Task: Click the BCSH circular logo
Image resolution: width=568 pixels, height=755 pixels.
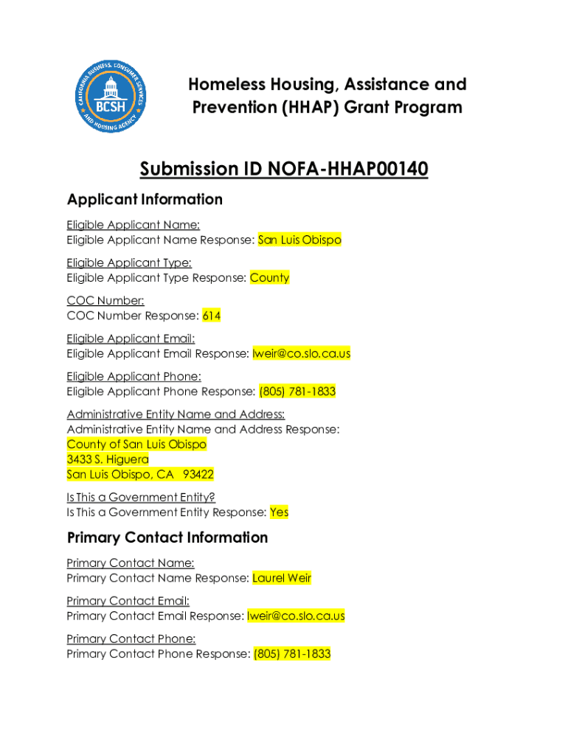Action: [x=111, y=97]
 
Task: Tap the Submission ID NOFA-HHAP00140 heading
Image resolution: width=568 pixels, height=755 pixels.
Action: [x=284, y=170]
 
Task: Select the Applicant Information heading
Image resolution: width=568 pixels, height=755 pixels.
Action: [x=145, y=200]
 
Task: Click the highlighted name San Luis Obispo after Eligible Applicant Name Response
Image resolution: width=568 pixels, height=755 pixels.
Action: [x=299, y=240]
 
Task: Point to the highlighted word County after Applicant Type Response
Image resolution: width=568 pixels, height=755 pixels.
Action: [x=269, y=278]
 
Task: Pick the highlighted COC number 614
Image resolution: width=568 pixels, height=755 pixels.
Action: [x=212, y=316]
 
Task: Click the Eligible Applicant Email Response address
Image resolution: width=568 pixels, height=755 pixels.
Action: [x=301, y=354]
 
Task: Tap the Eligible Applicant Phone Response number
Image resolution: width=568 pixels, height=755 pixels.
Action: [x=297, y=392]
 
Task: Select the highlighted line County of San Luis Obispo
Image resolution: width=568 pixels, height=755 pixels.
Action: [x=136, y=445]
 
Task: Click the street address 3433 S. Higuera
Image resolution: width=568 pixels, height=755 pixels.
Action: [x=108, y=459]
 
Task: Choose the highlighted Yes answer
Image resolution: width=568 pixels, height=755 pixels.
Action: [x=279, y=512]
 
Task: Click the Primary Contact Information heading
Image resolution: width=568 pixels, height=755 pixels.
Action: [x=167, y=537]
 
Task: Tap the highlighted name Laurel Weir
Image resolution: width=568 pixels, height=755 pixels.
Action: [x=282, y=579]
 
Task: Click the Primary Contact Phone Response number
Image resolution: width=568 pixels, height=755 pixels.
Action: [x=292, y=654]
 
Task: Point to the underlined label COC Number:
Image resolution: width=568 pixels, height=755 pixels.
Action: [x=105, y=301]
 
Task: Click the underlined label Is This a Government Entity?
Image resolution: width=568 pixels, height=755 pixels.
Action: [x=141, y=498]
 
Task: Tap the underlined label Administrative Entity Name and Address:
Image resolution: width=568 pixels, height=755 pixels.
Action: [x=176, y=414]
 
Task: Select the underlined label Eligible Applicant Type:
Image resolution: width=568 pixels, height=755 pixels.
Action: [x=129, y=263]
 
